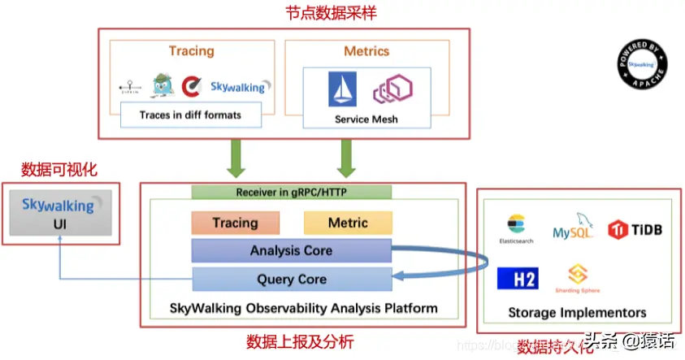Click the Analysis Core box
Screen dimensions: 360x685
[x=291, y=250]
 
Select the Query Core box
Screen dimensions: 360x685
[x=291, y=279]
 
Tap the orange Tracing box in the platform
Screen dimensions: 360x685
[x=235, y=223]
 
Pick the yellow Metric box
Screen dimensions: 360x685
[x=348, y=223]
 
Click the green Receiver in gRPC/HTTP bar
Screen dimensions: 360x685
[x=291, y=193]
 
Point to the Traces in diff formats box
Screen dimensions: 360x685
[x=191, y=115]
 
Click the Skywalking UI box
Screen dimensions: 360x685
[x=58, y=213]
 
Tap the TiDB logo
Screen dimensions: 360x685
[x=635, y=229]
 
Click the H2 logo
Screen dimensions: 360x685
[x=518, y=279]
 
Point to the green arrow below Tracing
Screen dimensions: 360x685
[x=236, y=157]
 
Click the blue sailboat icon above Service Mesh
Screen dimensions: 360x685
[x=342, y=89]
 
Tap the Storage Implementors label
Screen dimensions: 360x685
[x=577, y=313]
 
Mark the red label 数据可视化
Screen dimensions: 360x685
[x=59, y=170]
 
